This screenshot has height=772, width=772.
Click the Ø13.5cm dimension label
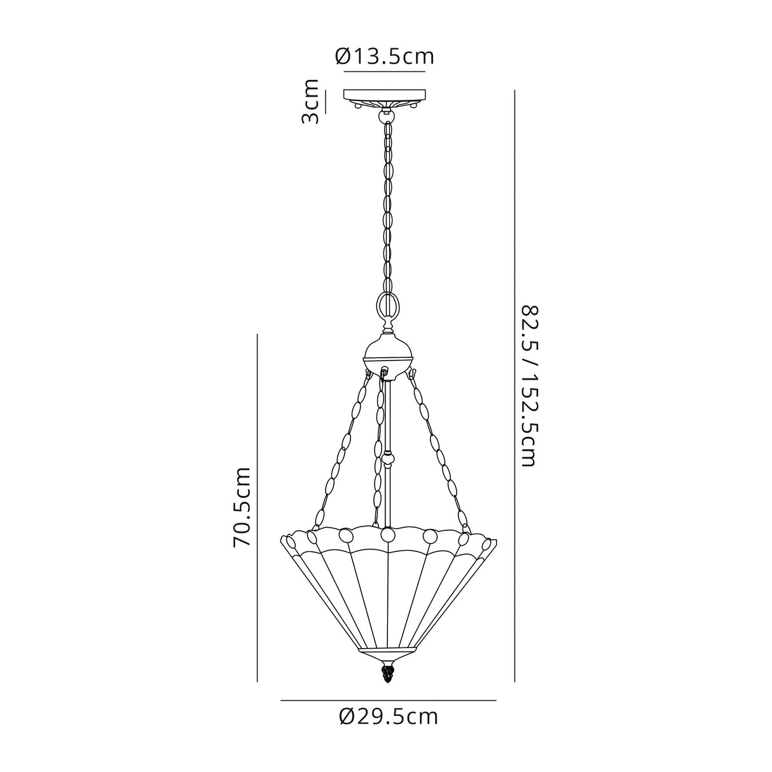pos(385,57)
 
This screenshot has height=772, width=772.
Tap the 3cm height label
pos(310,102)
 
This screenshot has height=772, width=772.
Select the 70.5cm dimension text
pos(242,507)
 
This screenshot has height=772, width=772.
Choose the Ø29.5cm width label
pos(389,717)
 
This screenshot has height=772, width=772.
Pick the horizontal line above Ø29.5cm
pos(388,700)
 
